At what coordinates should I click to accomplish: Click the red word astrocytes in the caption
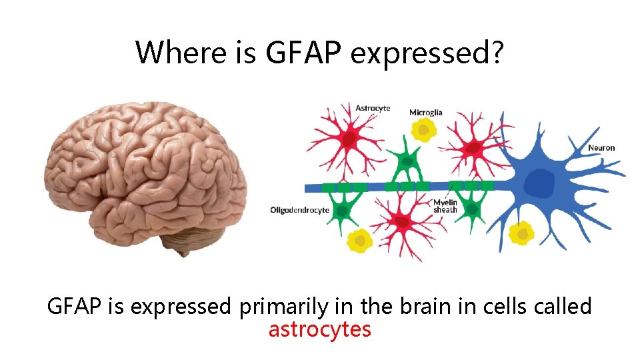(x=319, y=329)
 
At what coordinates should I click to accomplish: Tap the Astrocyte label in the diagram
(x=373, y=108)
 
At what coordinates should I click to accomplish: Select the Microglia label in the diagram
(x=425, y=113)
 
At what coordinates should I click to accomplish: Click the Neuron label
(x=601, y=147)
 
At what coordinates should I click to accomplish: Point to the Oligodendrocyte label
(x=299, y=210)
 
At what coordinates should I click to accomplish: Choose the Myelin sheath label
(x=445, y=206)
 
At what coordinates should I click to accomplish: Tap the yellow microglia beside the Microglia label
(x=421, y=130)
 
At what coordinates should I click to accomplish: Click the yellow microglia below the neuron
(x=521, y=233)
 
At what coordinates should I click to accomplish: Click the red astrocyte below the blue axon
(x=401, y=222)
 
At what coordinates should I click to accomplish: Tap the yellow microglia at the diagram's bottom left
(x=359, y=241)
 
